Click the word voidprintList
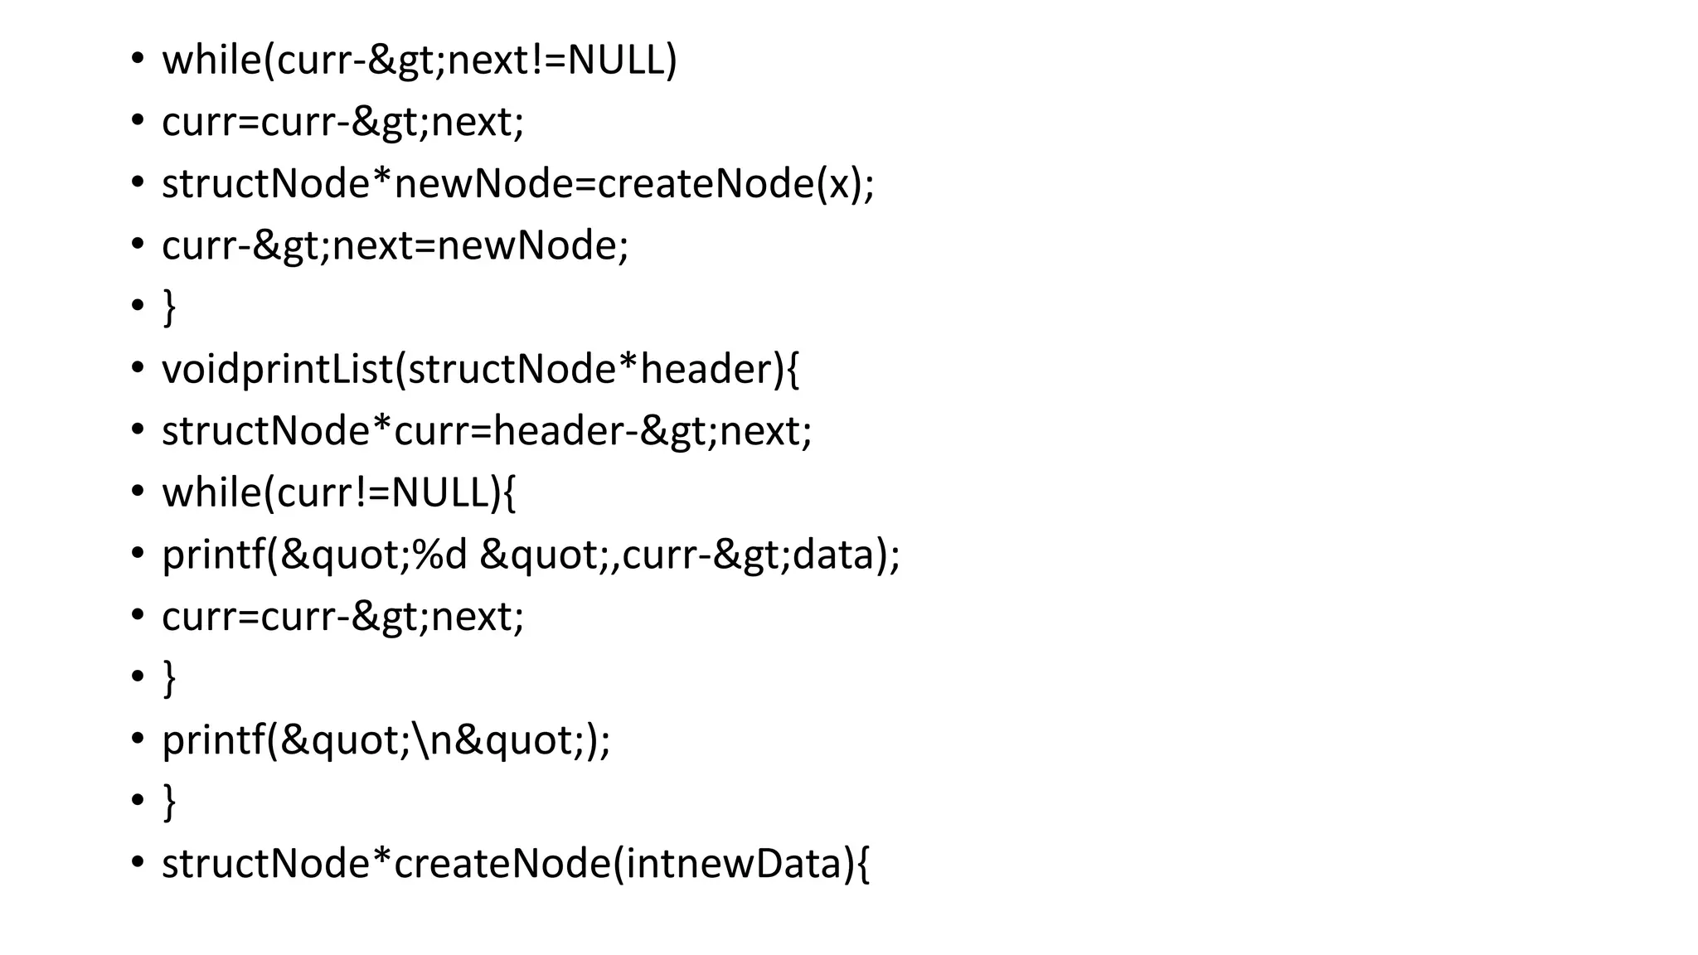click(x=277, y=370)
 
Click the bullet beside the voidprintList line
click(x=138, y=368)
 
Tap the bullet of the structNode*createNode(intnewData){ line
click(x=138, y=862)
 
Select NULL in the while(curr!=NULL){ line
click(x=439, y=493)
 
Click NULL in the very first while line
click(x=616, y=61)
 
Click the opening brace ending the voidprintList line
click(x=791, y=370)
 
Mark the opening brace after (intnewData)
click(x=861, y=864)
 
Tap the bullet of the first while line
click(x=138, y=60)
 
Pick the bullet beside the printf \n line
click(x=138, y=738)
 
